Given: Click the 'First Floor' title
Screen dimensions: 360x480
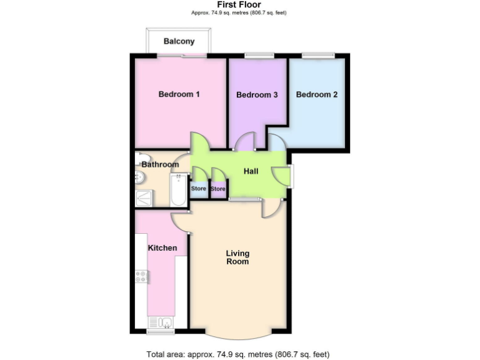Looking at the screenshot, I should click(239, 4).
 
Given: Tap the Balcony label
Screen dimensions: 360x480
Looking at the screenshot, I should click(179, 42).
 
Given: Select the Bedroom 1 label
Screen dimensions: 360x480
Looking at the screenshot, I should click(179, 94).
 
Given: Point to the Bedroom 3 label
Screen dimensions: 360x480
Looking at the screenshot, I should click(257, 95).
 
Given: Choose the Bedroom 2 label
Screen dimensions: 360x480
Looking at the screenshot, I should click(317, 95).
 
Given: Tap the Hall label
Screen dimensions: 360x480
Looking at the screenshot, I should click(251, 171).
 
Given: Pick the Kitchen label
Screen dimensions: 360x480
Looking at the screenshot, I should click(162, 248).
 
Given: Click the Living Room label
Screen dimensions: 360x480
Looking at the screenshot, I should click(237, 257).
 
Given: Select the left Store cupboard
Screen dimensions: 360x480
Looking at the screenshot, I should click(198, 189).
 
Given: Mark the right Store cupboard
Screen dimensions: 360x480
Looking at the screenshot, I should click(217, 189).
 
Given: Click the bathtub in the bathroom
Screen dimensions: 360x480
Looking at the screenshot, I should click(178, 191).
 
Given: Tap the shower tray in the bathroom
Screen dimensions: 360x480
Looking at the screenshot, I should click(146, 199).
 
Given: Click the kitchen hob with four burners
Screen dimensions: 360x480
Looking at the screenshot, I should click(141, 276).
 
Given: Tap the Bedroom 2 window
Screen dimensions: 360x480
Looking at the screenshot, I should click(316, 56).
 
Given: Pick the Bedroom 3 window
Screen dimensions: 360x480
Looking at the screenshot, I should click(258, 56).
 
